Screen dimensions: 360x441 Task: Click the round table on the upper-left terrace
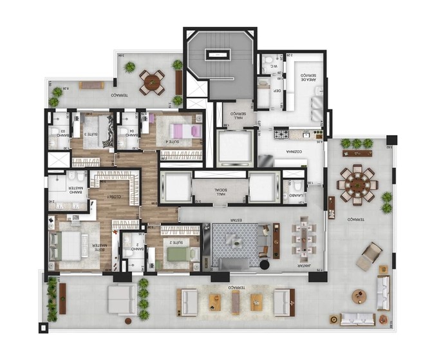[x=153, y=82]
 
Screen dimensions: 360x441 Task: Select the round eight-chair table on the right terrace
[x=357, y=184]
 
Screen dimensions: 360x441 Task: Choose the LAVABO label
[x=296, y=193]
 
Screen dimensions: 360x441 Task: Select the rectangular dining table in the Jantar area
[x=303, y=239]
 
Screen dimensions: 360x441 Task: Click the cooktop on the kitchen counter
[x=282, y=135]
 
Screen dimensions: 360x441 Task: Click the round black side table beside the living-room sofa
[x=265, y=264]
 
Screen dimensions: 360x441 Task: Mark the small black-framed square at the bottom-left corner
[x=43, y=328]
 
